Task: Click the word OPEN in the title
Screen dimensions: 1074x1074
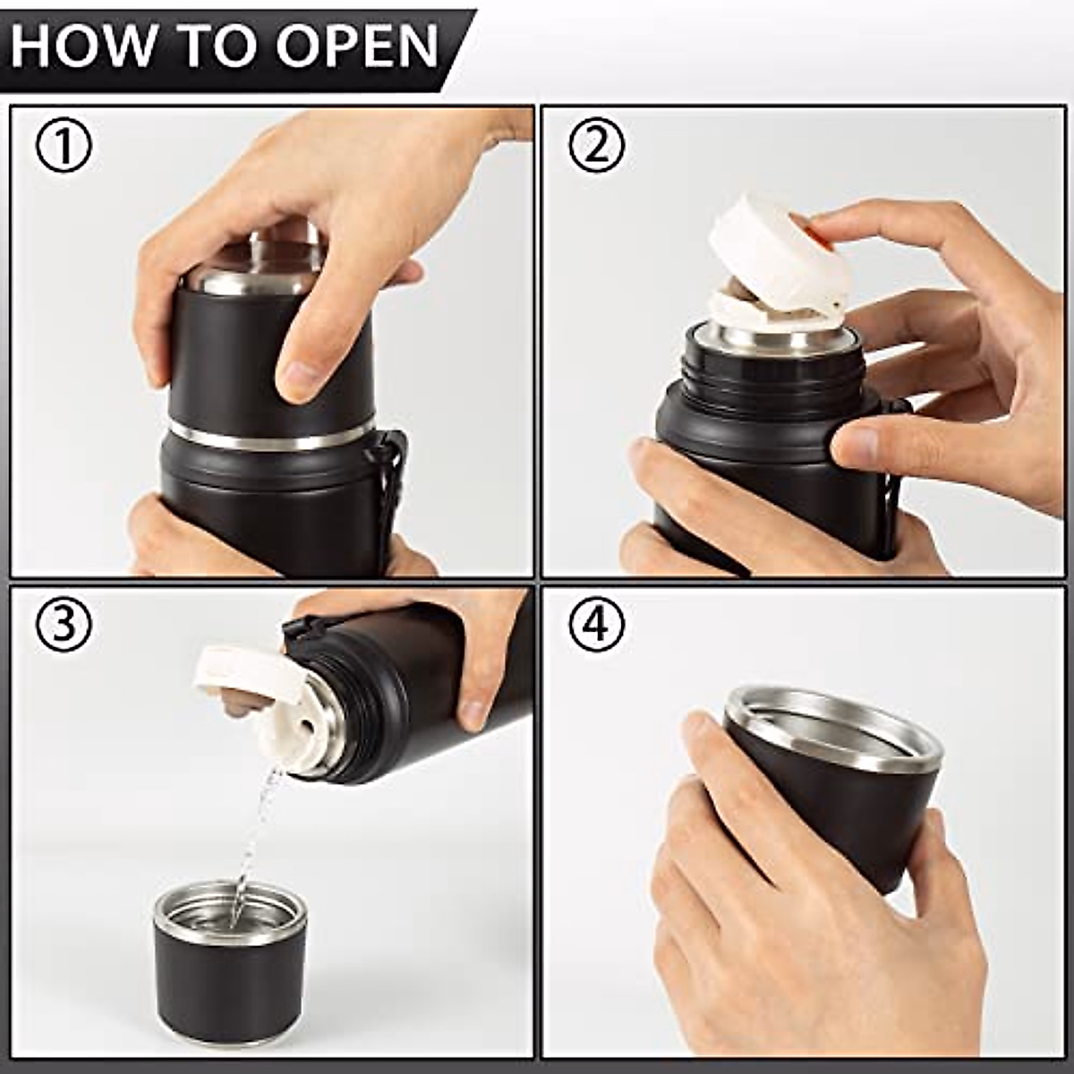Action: click(358, 48)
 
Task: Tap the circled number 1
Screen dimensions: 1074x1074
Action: click(64, 145)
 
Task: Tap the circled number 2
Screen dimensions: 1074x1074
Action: click(596, 145)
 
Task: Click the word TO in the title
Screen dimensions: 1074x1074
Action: click(218, 48)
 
